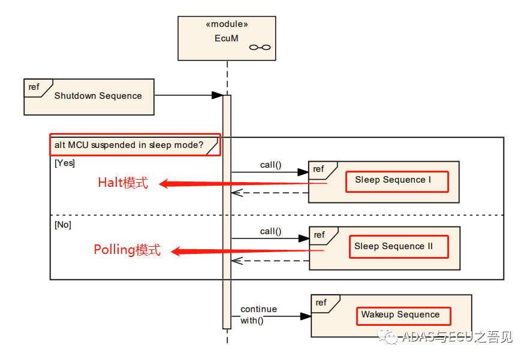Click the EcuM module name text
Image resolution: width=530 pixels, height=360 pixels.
pyautogui.click(x=227, y=38)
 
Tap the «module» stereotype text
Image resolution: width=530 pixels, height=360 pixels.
pyautogui.click(x=227, y=24)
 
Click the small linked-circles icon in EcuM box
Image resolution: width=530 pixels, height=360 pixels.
pyautogui.click(x=260, y=47)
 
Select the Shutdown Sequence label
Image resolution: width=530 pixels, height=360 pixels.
pyautogui.click(x=98, y=96)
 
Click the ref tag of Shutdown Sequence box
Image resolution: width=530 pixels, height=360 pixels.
pyautogui.click(x=34, y=87)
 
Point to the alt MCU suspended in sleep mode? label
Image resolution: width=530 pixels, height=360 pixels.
pyautogui.click(x=129, y=145)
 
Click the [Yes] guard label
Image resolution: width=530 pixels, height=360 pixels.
pyautogui.click(x=65, y=163)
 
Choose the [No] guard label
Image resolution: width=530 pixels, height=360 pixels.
pyautogui.click(x=63, y=225)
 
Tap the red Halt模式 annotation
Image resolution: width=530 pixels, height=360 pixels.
pyautogui.click(x=123, y=183)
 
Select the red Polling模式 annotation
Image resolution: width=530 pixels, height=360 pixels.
pyautogui.click(x=127, y=250)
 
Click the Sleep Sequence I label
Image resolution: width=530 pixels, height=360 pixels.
pyautogui.click(x=393, y=180)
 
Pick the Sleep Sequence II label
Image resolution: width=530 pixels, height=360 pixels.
pyautogui.click(x=393, y=246)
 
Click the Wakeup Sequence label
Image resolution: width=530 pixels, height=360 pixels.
pyautogui.click(x=400, y=314)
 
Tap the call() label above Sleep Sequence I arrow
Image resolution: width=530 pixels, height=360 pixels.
pyautogui.click(x=271, y=165)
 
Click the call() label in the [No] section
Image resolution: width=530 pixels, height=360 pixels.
pyautogui.click(x=271, y=231)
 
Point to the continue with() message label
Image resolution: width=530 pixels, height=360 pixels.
pyautogui.click(x=258, y=314)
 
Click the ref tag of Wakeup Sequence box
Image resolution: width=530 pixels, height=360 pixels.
pyautogui.click(x=321, y=302)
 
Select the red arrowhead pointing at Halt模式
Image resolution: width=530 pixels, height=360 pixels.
pyautogui.click(x=164, y=184)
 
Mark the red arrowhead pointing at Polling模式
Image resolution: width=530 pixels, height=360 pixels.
pyautogui.click(x=176, y=251)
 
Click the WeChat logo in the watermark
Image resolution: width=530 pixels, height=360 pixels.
pyautogui.click(x=388, y=336)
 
